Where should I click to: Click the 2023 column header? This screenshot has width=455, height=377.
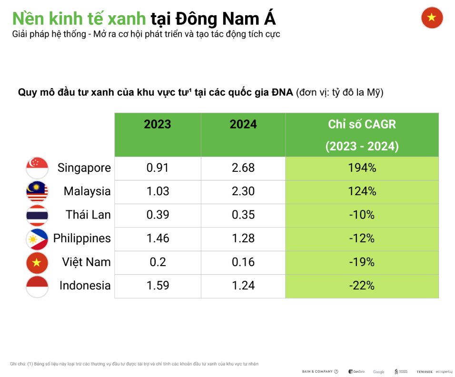[158, 125]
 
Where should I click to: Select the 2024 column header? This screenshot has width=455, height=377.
[243, 125]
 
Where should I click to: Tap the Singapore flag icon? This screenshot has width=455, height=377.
[37, 168]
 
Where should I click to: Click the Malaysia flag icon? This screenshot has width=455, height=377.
[37, 191]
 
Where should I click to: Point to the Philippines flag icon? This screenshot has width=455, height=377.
[37, 238]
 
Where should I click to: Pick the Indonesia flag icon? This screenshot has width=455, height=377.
[37, 286]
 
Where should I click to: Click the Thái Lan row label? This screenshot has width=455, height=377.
[88, 215]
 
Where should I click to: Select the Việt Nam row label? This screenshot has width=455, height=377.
[86, 262]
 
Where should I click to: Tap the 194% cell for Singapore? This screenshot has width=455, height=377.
[362, 168]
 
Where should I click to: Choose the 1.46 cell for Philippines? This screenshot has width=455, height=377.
[157, 238]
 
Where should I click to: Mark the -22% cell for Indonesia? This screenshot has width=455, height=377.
[362, 286]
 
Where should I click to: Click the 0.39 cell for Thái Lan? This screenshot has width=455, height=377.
[157, 215]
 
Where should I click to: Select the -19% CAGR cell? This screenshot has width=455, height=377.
[362, 262]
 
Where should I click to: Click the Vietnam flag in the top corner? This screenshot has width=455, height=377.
[432, 18]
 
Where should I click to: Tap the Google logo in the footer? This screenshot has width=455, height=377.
[379, 372]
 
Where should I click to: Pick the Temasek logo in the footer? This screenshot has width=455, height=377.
[424, 372]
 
